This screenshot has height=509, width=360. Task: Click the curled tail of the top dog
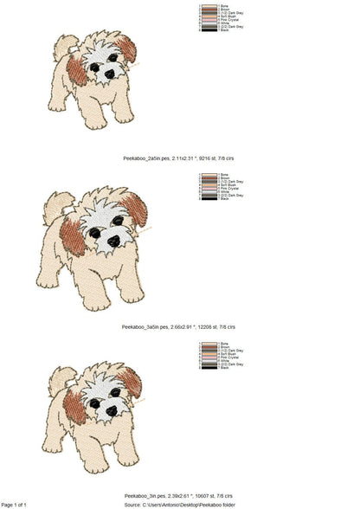click(61, 46)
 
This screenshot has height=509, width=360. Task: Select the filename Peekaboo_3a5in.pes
click(150, 327)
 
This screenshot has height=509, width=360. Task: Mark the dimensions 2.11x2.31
click(183, 161)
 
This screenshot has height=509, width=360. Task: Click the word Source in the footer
click(132, 504)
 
